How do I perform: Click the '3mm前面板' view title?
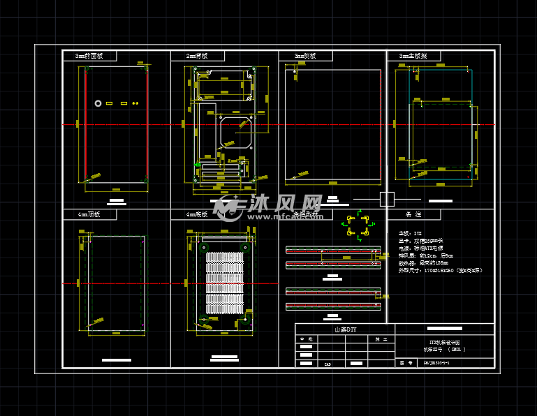(x=89, y=56)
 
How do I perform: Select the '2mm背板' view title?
(x=198, y=56)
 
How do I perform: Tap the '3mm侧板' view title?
(x=305, y=56)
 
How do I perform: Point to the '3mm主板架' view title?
(x=413, y=56)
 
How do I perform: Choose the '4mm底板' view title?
(x=198, y=214)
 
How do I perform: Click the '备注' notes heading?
(x=413, y=214)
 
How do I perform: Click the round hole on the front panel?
(x=98, y=103)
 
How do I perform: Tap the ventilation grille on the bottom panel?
(x=223, y=283)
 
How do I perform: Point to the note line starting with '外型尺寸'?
(x=440, y=270)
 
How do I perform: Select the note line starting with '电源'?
(x=422, y=248)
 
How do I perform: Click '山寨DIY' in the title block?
(x=345, y=329)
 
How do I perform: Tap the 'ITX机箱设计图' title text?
(x=444, y=341)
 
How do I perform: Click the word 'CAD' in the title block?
(x=328, y=364)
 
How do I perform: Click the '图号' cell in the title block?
(x=402, y=363)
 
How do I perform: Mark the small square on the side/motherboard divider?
(x=387, y=198)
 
